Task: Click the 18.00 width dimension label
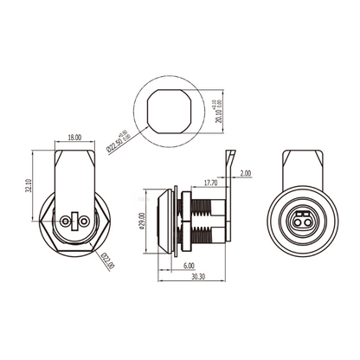tap(74, 138)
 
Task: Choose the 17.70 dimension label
tap(209, 183)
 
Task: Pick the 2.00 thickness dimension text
tap(245, 173)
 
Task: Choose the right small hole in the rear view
tap(84, 222)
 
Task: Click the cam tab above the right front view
tap(303, 169)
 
